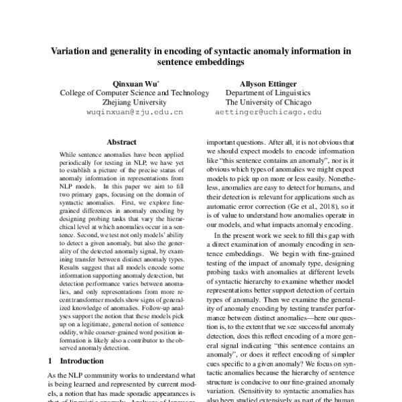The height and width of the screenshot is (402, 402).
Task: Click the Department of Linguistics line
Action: (268, 93)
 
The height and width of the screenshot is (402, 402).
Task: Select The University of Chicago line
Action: (268, 103)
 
